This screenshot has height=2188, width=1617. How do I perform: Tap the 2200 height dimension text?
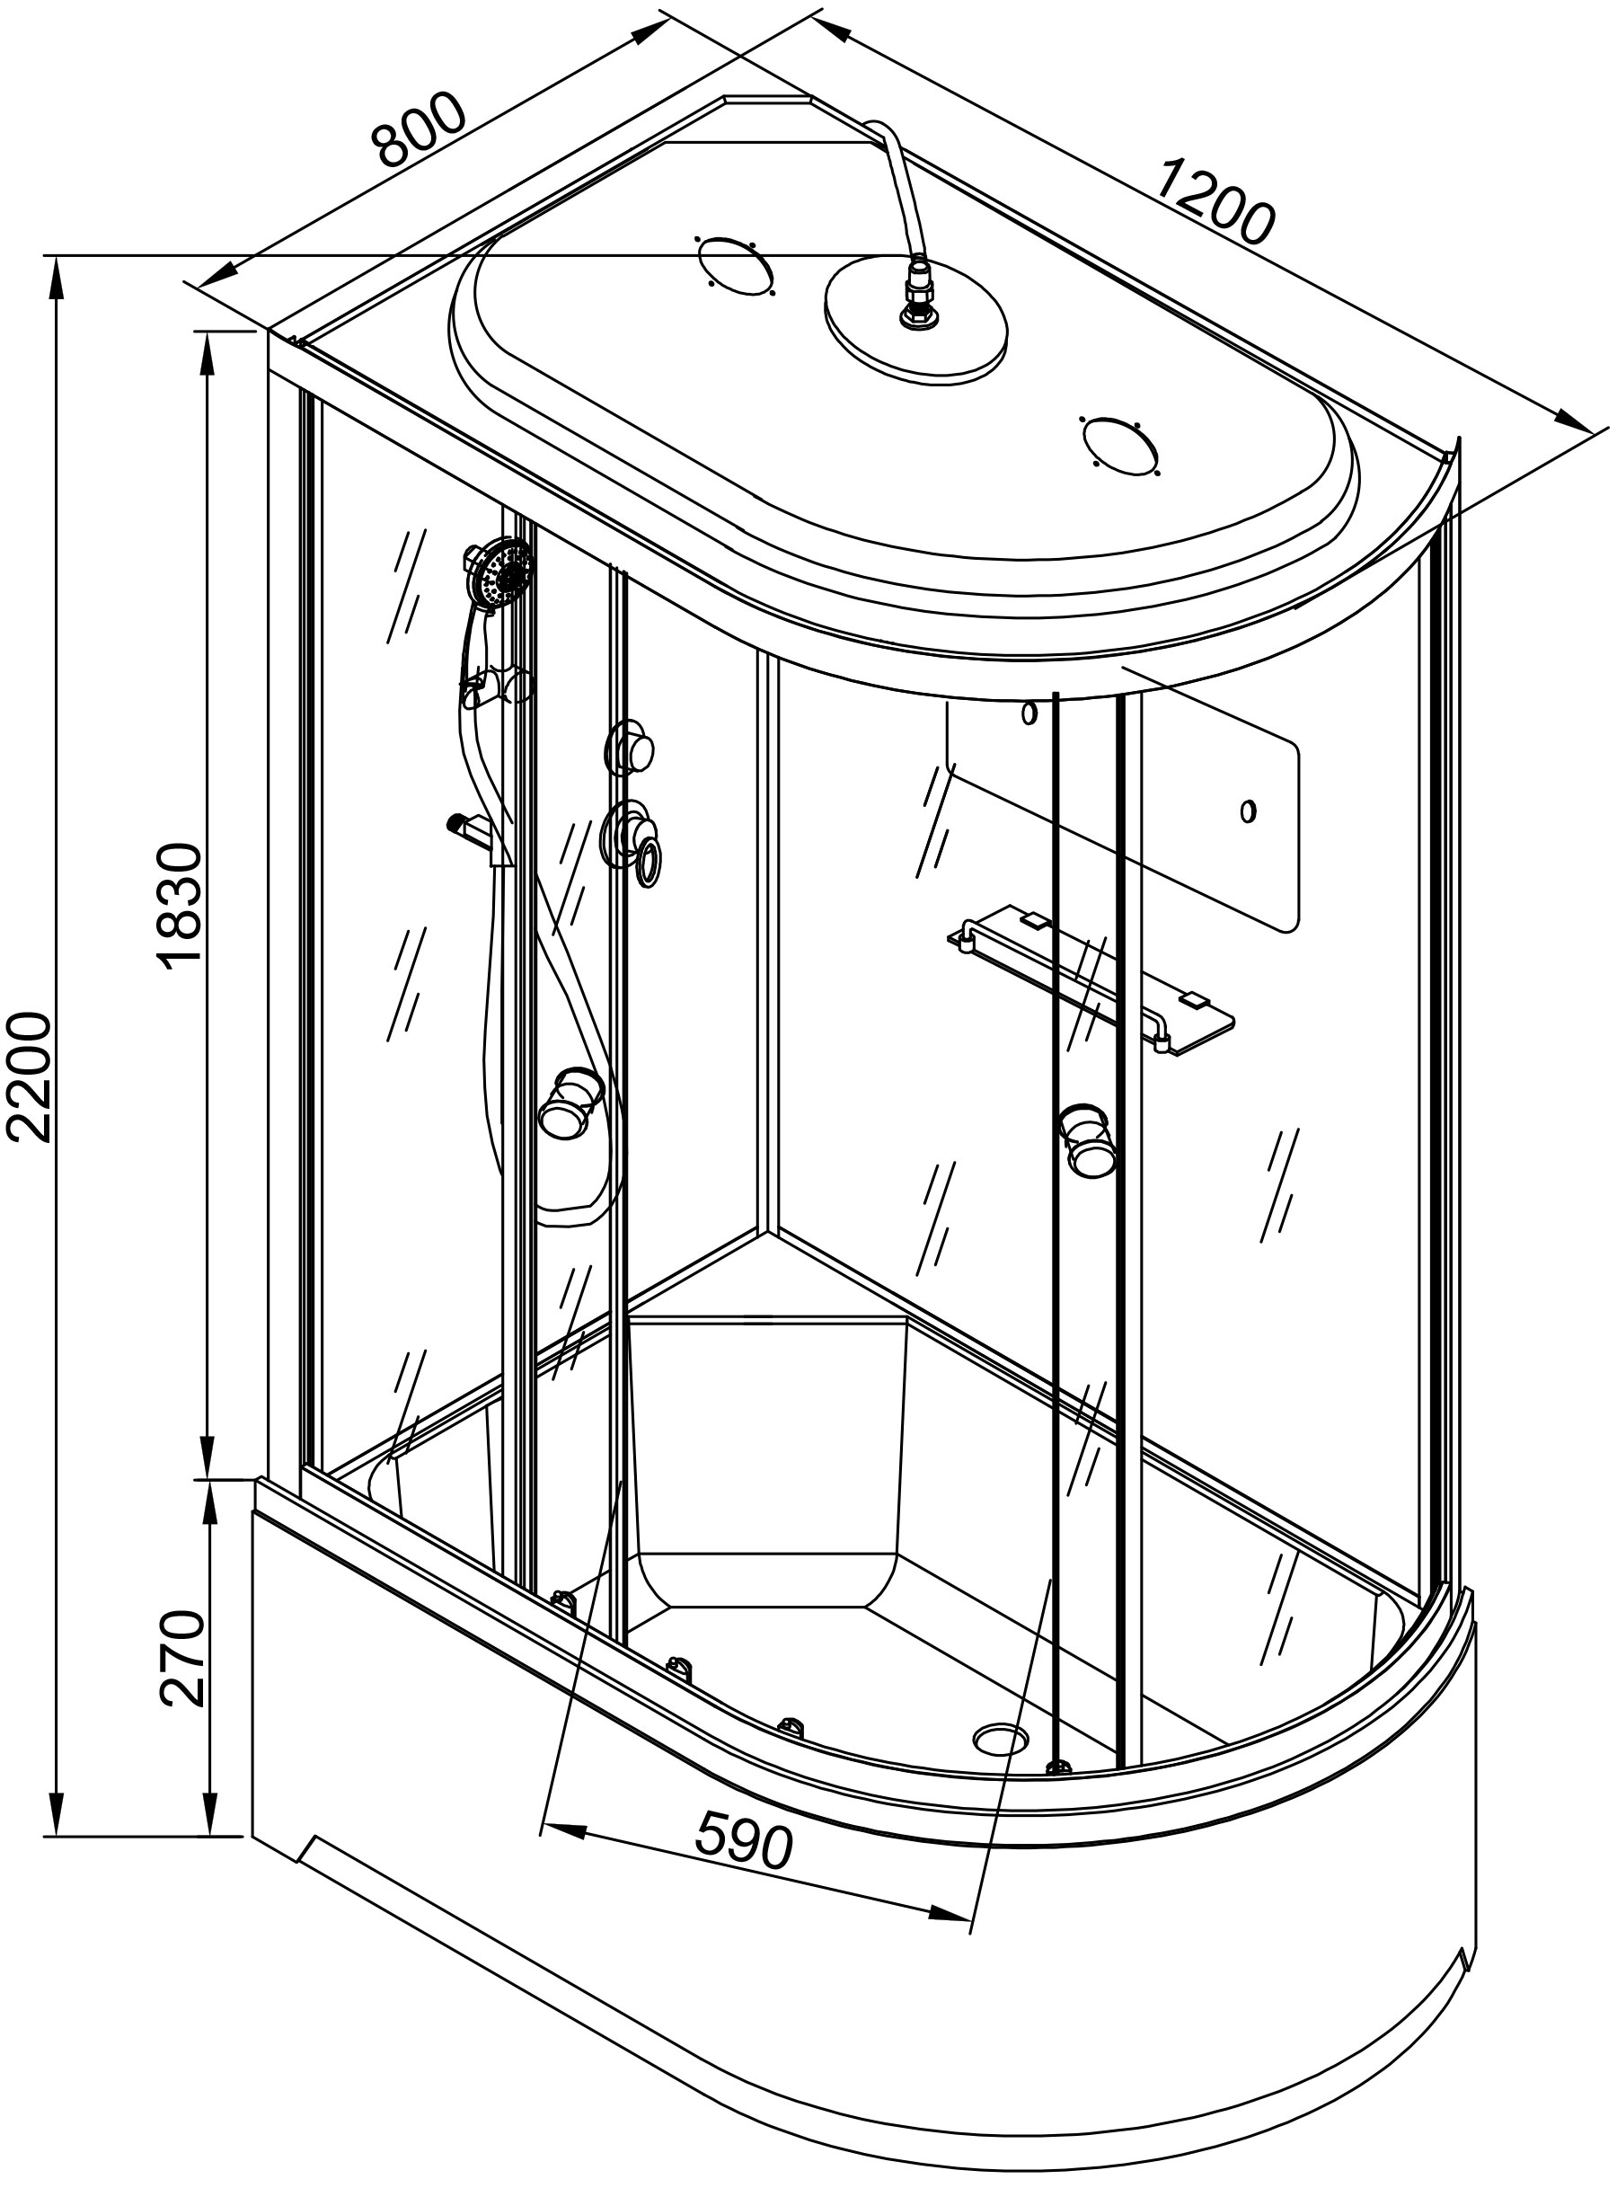[x=28, y=1076]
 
